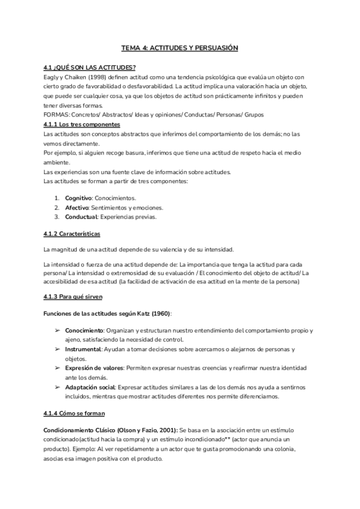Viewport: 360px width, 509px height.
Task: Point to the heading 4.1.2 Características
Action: coord(73,233)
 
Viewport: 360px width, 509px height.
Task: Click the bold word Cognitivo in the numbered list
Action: coord(78,197)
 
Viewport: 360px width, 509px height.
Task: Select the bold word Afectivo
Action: coord(76,207)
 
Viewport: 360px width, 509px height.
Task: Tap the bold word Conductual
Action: coord(80,217)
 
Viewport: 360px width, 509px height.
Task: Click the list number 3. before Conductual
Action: coord(57,217)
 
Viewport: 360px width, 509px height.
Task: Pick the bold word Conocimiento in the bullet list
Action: coord(84,330)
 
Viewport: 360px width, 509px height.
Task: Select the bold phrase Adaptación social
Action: coord(90,387)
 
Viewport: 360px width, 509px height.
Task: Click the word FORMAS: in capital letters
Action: coord(57,115)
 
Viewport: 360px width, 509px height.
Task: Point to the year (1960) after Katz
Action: coord(158,313)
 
